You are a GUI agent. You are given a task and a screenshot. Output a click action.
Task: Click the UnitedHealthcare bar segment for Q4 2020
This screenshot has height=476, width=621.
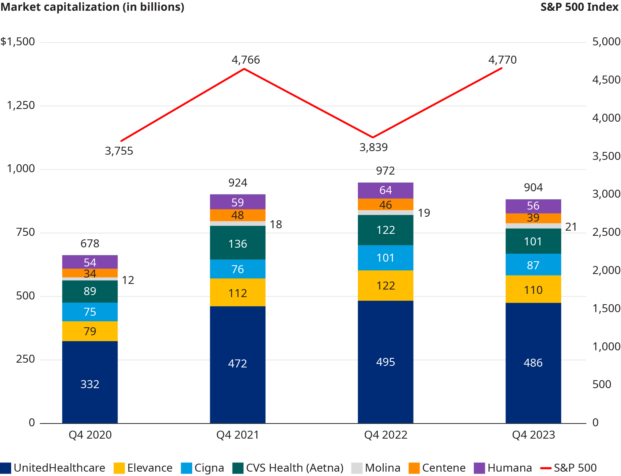pyautogui.click(x=90, y=382)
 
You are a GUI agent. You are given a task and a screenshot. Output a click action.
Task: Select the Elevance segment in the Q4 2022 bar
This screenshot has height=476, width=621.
pyautogui.click(x=385, y=286)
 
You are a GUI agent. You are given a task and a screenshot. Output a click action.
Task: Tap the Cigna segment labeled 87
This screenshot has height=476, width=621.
pyautogui.click(x=533, y=265)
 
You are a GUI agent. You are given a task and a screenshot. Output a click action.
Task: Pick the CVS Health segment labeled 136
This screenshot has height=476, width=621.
pyautogui.click(x=238, y=243)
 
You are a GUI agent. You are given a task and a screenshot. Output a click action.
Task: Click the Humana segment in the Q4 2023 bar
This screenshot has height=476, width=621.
pyautogui.click(x=533, y=206)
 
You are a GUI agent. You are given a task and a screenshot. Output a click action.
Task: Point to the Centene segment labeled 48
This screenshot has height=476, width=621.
pyautogui.click(x=238, y=215)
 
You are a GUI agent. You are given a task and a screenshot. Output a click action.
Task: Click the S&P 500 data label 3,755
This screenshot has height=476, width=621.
pyautogui.click(x=119, y=151)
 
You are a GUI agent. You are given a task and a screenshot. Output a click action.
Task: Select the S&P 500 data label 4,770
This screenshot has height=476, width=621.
pyautogui.click(x=502, y=60)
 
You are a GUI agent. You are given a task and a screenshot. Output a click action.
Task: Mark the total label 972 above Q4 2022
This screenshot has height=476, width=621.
pyautogui.click(x=385, y=171)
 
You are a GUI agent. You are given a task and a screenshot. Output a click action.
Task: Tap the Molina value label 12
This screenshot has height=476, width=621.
pyautogui.click(x=128, y=280)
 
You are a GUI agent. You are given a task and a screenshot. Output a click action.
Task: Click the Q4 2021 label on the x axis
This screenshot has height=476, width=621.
pyautogui.click(x=238, y=435)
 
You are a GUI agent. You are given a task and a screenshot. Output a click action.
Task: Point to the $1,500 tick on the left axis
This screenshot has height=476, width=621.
pyautogui.click(x=18, y=42)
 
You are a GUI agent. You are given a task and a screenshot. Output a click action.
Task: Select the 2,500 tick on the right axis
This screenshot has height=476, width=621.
pyautogui.click(x=606, y=232)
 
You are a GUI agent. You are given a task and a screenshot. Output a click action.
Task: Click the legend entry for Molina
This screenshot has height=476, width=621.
pyautogui.click(x=376, y=468)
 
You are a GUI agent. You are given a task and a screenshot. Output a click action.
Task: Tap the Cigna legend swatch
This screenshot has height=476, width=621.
pyautogui.click(x=186, y=468)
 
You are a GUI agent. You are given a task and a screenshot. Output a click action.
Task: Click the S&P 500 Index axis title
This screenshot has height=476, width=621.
pyautogui.click(x=580, y=7)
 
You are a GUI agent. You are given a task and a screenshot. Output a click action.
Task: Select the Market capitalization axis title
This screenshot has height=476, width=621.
pyautogui.click(x=92, y=7)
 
